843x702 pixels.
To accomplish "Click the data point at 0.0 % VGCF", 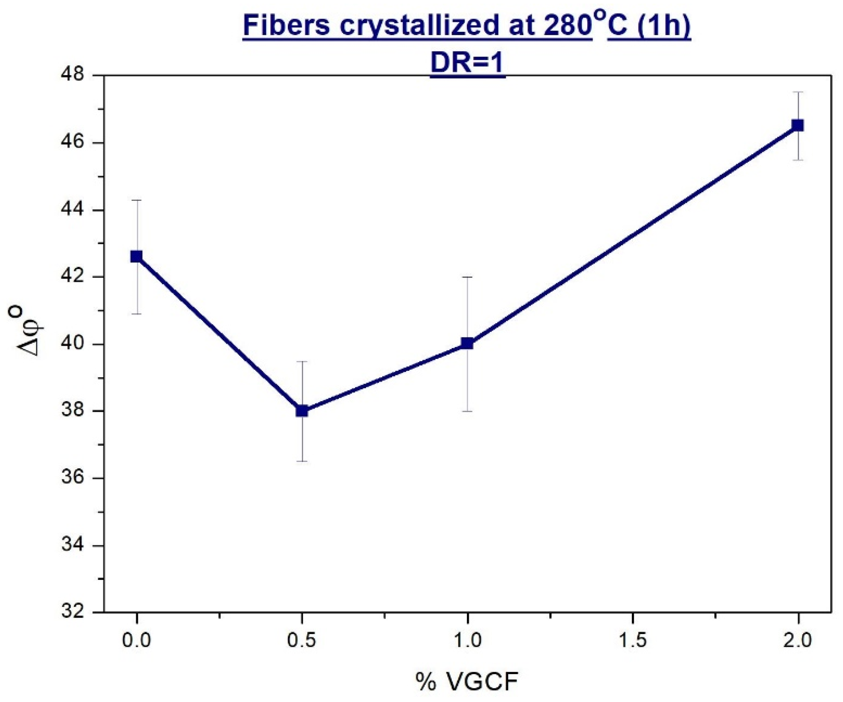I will coord(136,256).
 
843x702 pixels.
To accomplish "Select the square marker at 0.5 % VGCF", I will coord(302,411).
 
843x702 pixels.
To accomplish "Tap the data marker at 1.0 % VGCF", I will coord(467,343).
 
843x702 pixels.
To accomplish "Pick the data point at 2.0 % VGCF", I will coord(798,126).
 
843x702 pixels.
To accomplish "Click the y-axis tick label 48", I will coord(73,76).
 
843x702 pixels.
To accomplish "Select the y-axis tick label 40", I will coord(73,344).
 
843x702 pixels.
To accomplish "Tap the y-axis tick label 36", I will coord(73,479).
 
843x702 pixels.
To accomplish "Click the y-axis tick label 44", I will coord(73,210).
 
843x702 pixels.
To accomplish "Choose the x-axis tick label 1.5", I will coord(632,641).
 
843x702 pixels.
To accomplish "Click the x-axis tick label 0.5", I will coord(302,641).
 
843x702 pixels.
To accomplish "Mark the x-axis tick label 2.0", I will coord(798,641).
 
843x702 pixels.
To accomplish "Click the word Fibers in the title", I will coord(287,26).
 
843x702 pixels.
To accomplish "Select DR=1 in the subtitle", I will coord(467,63).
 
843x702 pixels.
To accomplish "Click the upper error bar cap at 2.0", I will coord(798,92).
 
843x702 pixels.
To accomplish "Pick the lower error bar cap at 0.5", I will coord(302,462).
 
